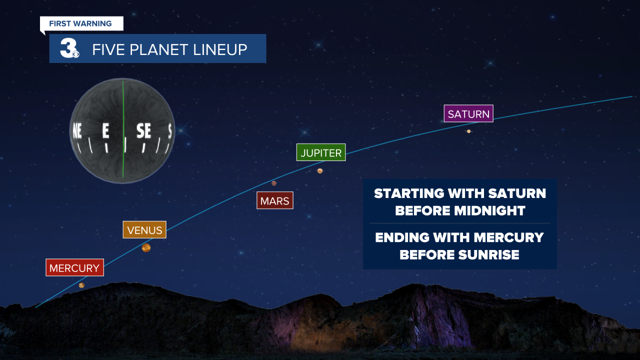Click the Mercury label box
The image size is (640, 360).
[74, 267]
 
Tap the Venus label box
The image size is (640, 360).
[144, 230]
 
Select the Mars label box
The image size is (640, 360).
[274, 200]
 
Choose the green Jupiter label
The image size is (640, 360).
[321, 152]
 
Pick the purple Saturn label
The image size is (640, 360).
[468, 113]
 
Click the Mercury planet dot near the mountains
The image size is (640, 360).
[81, 285]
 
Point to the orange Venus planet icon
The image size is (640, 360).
[146, 247]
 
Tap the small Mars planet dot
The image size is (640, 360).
[274, 183]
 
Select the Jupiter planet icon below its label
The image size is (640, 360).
[320, 171]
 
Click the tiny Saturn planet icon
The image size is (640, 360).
[469, 131]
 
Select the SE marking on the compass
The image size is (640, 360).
[144, 131]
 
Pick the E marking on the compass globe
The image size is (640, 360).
[105, 131]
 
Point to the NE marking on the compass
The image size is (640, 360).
[77, 131]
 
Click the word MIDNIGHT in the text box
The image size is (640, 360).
[489, 210]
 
